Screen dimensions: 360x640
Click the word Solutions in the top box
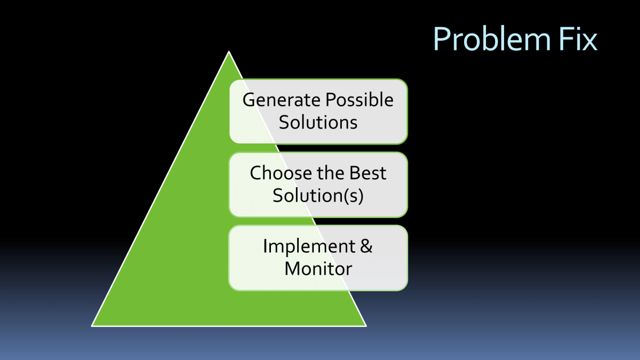pyautogui.click(x=318, y=122)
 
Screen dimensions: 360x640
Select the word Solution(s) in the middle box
pyautogui.click(x=318, y=195)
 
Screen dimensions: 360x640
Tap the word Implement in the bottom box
pyautogui.click(x=309, y=246)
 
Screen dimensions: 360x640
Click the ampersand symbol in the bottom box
pyautogui.click(x=366, y=246)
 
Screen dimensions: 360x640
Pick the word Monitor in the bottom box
pyautogui.click(x=318, y=268)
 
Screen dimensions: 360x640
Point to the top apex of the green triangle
pyautogui.click(x=229, y=52)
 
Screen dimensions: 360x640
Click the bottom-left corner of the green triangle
pyautogui.click(x=92, y=325)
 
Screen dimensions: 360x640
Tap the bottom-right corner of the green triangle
pyautogui.click(x=366, y=325)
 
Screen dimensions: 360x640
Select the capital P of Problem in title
pyautogui.click(x=441, y=38)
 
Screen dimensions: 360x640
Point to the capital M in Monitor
pyautogui.click(x=292, y=268)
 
